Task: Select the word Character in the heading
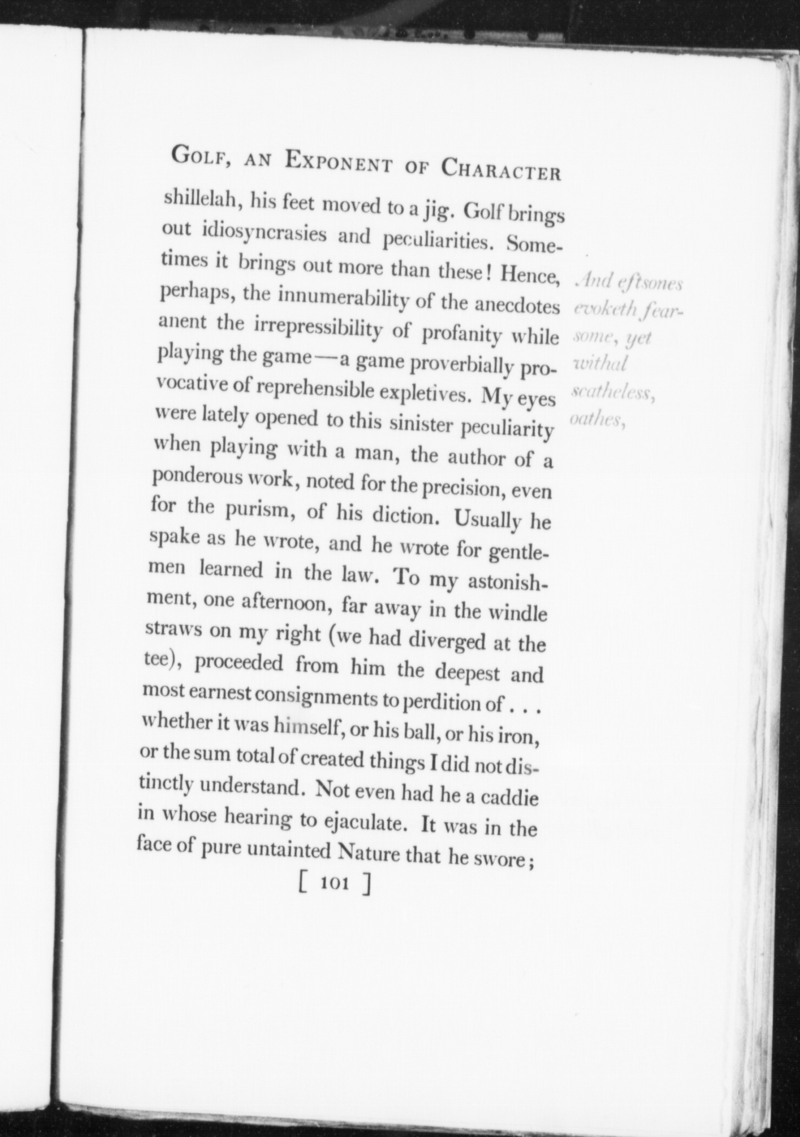(x=501, y=169)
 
